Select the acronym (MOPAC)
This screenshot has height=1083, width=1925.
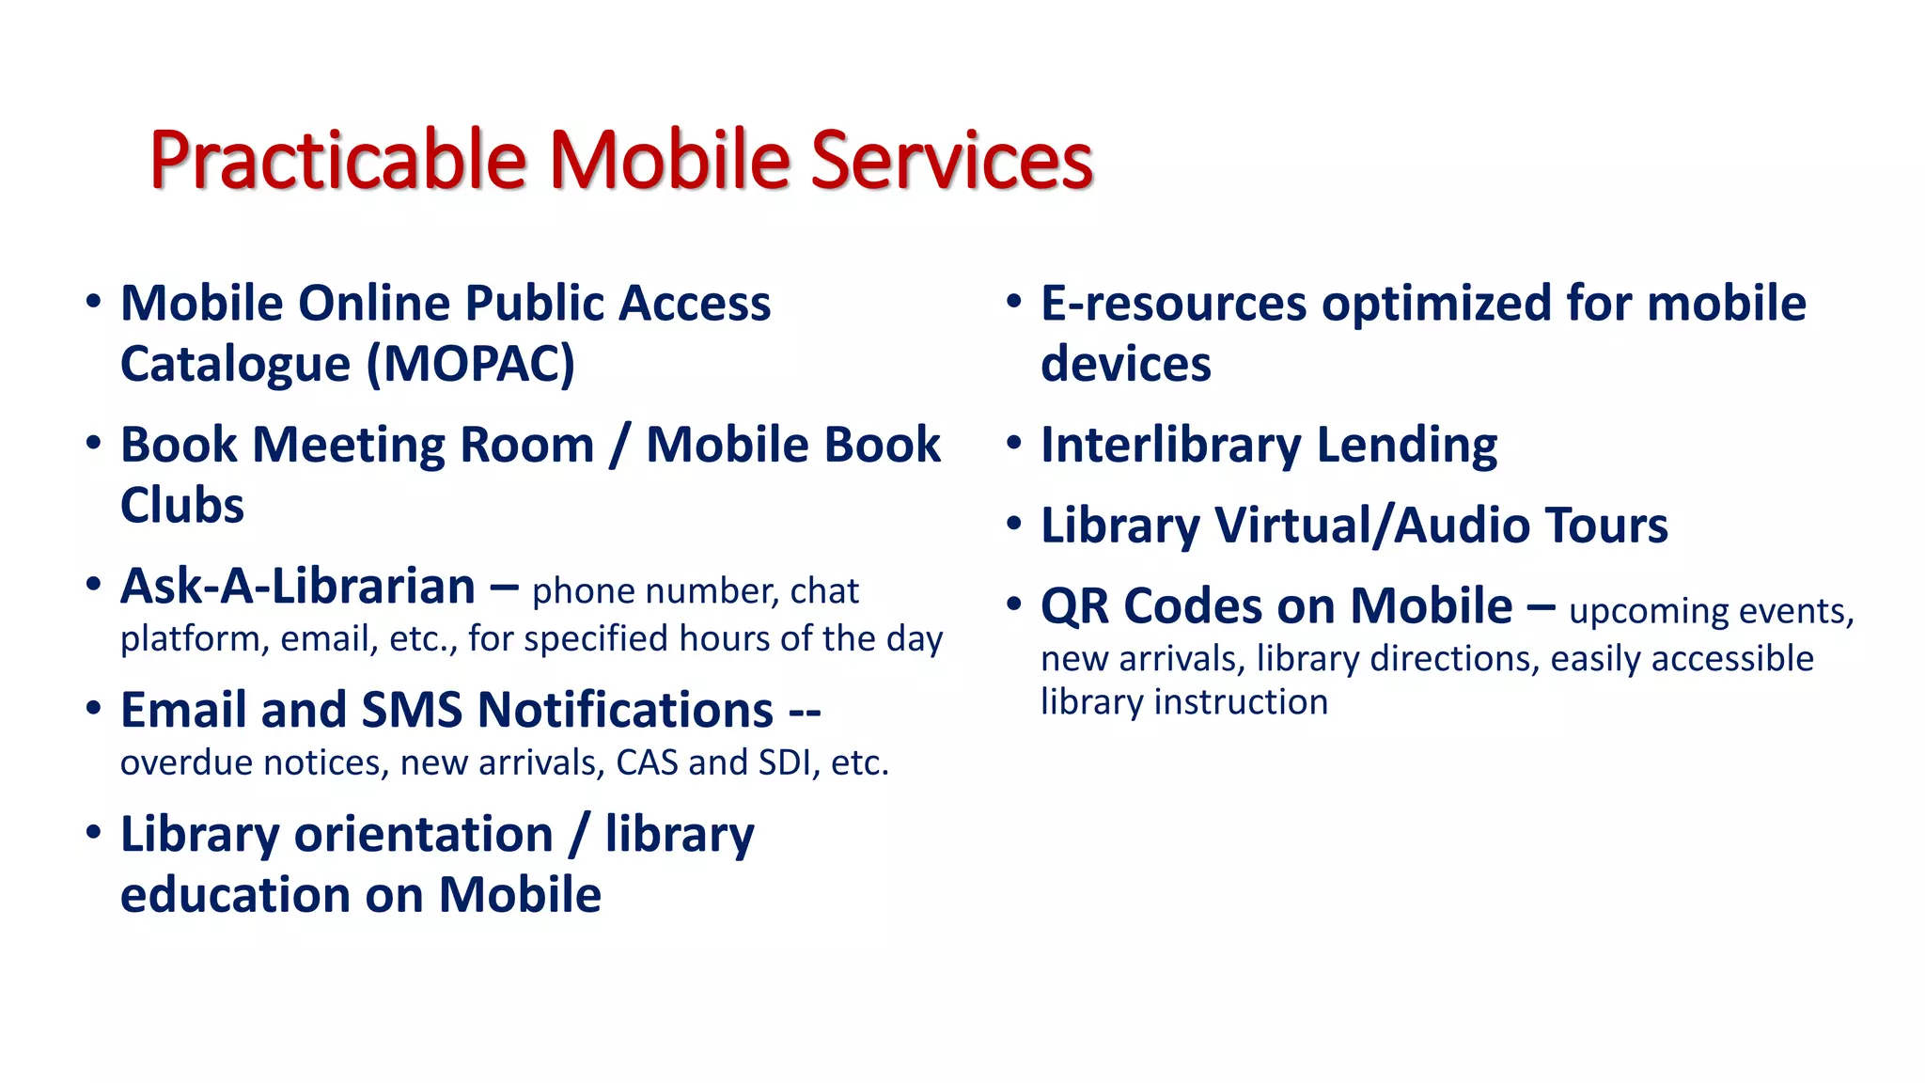pos(470,365)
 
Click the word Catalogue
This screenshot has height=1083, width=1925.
pos(235,365)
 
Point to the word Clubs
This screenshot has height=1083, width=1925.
pos(182,506)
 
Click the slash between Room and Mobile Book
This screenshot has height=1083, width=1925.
pos(618,446)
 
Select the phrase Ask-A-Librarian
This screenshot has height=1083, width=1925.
pos(298,588)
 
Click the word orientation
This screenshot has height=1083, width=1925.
pos(423,835)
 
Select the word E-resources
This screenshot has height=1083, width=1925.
pos(1173,305)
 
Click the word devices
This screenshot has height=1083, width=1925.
pos(1126,365)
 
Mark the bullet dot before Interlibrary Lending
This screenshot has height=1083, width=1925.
pos(1013,443)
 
